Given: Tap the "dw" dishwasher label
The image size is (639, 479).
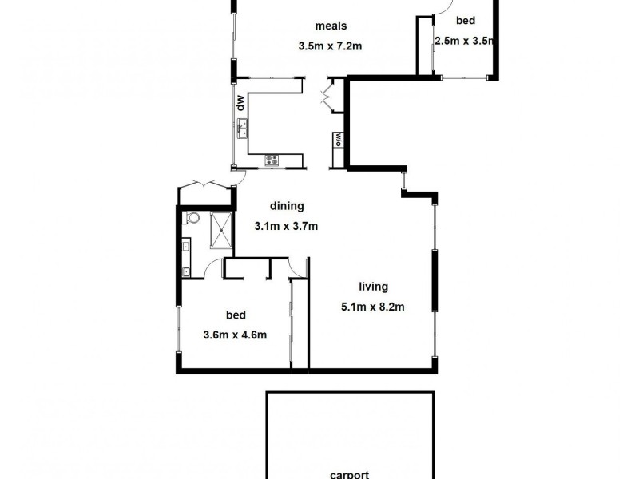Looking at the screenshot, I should (x=239, y=101).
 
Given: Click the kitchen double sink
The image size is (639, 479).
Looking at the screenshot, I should (x=241, y=125).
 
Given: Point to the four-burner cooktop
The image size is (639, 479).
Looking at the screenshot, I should (x=272, y=160).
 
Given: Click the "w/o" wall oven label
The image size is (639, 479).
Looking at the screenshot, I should (x=339, y=138).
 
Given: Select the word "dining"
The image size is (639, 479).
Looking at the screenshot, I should (x=287, y=206).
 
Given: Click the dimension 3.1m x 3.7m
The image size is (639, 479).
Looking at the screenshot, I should (x=286, y=226).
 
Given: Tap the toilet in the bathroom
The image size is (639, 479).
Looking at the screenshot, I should (x=192, y=218).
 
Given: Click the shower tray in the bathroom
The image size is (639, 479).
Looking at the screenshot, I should (x=223, y=230).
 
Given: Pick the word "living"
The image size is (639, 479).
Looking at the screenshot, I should (x=373, y=287).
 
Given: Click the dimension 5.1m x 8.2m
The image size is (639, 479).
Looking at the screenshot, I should (x=373, y=306).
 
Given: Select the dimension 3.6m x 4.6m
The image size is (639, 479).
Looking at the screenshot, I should (x=235, y=335).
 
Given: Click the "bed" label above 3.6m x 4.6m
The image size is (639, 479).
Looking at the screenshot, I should (x=236, y=315).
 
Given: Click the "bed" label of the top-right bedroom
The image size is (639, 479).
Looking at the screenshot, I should (x=466, y=21).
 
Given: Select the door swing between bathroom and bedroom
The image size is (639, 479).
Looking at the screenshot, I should (x=212, y=270).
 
